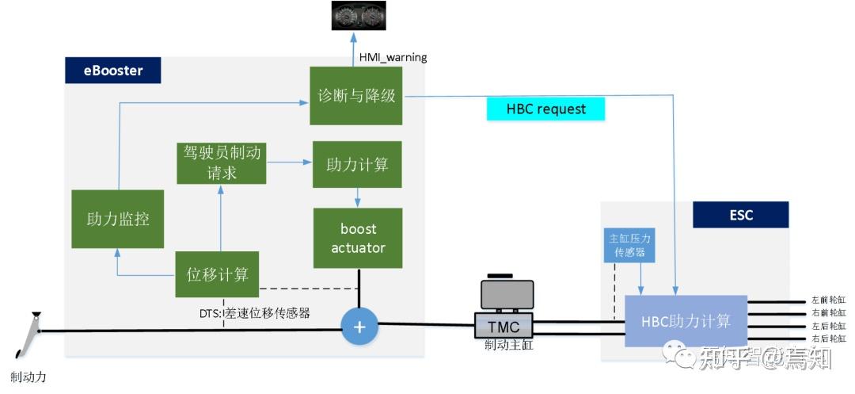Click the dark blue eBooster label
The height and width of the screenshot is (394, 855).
[113, 71]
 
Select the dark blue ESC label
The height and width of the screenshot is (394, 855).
[740, 215]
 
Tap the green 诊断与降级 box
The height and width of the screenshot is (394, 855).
[356, 96]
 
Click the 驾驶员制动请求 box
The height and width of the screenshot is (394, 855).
[221, 163]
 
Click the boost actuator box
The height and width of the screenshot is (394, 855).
[359, 238]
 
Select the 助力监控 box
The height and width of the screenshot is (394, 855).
[117, 219]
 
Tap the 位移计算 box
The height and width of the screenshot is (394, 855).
[218, 274]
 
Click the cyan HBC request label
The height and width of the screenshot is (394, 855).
[545, 109]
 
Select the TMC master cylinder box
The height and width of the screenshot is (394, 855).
[503, 325]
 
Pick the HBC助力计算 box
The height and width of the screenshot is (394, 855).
[686, 320]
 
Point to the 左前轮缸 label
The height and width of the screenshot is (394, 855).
[829, 300]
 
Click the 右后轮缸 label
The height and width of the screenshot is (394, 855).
[829, 339]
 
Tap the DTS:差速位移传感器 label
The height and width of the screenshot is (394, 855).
[255, 313]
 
